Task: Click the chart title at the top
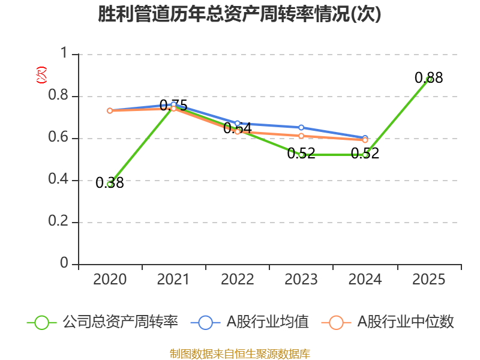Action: click(240, 14)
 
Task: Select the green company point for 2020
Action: click(110, 184)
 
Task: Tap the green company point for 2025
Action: click(429, 79)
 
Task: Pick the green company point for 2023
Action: click(301, 155)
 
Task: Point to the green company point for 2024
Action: click(365, 155)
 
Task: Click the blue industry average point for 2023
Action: click(301, 127)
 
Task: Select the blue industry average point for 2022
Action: click(238, 123)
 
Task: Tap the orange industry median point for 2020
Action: click(110, 110)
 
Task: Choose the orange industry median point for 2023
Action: click(301, 136)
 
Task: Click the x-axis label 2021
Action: click(173, 280)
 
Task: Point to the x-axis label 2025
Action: click(429, 280)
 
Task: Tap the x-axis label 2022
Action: click(238, 280)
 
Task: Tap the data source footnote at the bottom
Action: click(240, 353)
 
